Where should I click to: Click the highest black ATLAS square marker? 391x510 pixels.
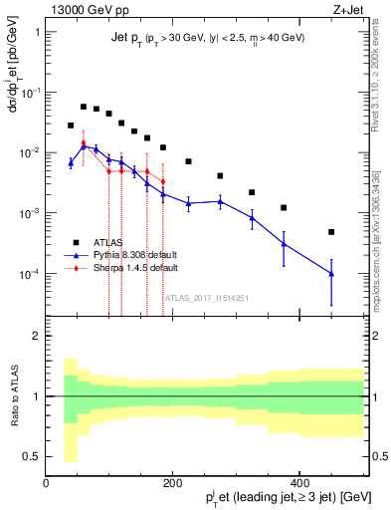pyautogui.click(x=84, y=107)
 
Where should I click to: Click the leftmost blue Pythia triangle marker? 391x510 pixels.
pyautogui.click(x=71, y=162)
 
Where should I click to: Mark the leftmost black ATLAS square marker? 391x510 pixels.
pyautogui.click(x=71, y=126)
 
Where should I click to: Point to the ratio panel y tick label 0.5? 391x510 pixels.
pyautogui.click(x=32, y=457)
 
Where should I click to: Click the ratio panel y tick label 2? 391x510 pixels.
pyautogui.click(x=36, y=336)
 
